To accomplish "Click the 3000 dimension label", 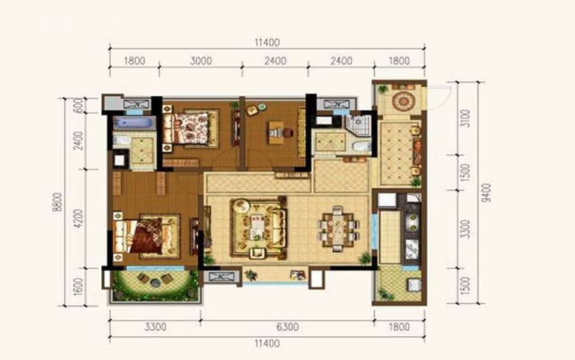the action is [201, 60].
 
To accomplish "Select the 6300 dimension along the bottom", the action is [287, 327].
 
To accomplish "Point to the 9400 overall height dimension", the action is [486, 193].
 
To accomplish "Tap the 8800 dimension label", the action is [57, 202].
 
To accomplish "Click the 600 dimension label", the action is [78, 105].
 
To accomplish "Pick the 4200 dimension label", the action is [78, 219].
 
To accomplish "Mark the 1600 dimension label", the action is [78, 286].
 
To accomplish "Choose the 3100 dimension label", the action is [465, 118].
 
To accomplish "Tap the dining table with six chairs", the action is [338, 229].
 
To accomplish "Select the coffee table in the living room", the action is [257, 227].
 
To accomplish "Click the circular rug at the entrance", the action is [402, 100].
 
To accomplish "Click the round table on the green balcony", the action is [155, 283].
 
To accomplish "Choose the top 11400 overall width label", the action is [267, 42].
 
